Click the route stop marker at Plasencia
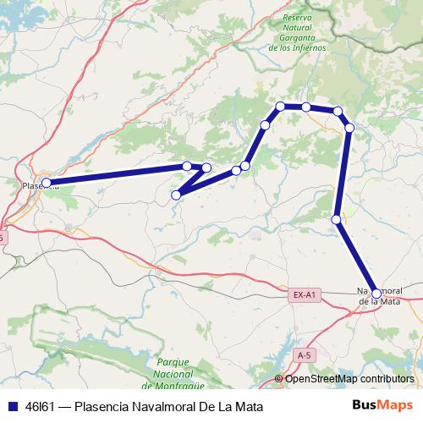[47, 183]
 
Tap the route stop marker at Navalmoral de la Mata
[376, 294]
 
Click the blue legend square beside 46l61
[9, 406]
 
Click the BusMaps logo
[382, 405]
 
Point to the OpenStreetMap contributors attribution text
[350, 379]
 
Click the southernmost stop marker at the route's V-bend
[176, 195]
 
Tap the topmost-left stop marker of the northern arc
[280, 106]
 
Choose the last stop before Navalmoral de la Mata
[337, 220]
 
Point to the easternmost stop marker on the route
[349, 128]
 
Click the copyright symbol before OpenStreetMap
[280, 379]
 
